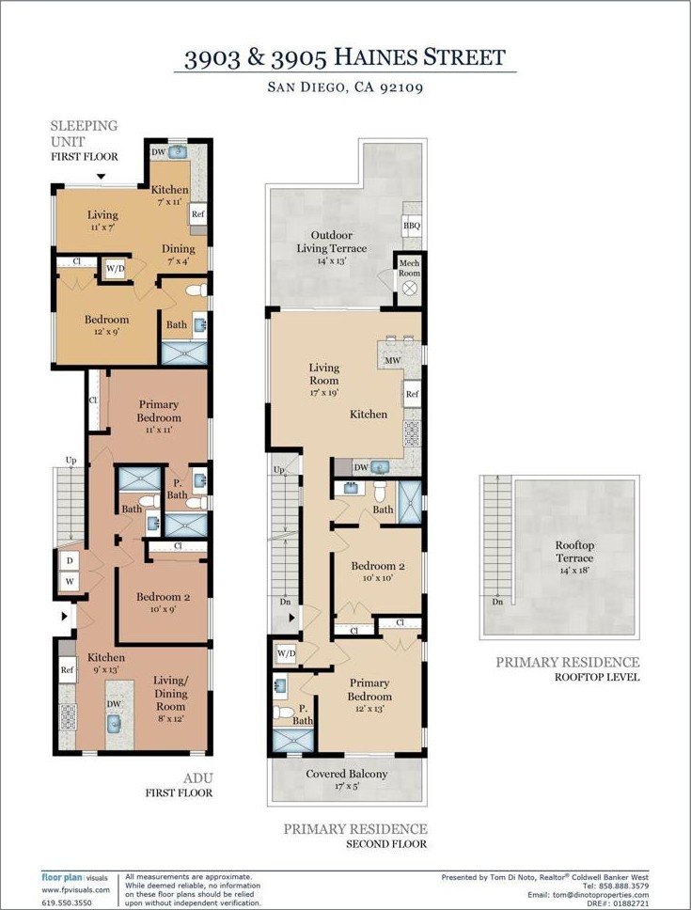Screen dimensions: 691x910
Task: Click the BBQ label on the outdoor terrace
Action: [x=412, y=226]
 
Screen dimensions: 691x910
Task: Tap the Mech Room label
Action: [x=409, y=268]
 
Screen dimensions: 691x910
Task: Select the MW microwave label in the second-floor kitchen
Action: [x=393, y=360]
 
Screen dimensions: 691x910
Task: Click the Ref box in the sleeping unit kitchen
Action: [x=197, y=213]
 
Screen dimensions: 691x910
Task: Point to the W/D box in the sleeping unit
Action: [x=115, y=269]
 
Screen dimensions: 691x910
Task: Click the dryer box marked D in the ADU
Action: [x=70, y=560]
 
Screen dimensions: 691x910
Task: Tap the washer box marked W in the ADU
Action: [x=70, y=581]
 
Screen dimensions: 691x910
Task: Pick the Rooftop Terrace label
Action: [x=574, y=551]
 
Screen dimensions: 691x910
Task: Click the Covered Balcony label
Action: [x=347, y=774]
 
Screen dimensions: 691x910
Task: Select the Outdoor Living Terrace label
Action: [x=332, y=242]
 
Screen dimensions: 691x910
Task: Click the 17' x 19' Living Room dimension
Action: [x=323, y=392]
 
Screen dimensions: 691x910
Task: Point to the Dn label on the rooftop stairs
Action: [x=497, y=602]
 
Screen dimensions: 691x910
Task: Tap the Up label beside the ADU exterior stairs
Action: [x=71, y=461]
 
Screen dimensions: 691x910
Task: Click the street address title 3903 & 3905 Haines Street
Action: [x=345, y=58]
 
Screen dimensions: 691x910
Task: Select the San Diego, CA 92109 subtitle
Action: [x=345, y=87]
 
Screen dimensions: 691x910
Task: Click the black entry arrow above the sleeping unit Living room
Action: [x=101, y=177]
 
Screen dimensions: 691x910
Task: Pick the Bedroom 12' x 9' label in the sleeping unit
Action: [x=107, y=325]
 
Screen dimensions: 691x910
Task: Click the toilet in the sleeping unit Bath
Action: [x=196, y=290]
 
